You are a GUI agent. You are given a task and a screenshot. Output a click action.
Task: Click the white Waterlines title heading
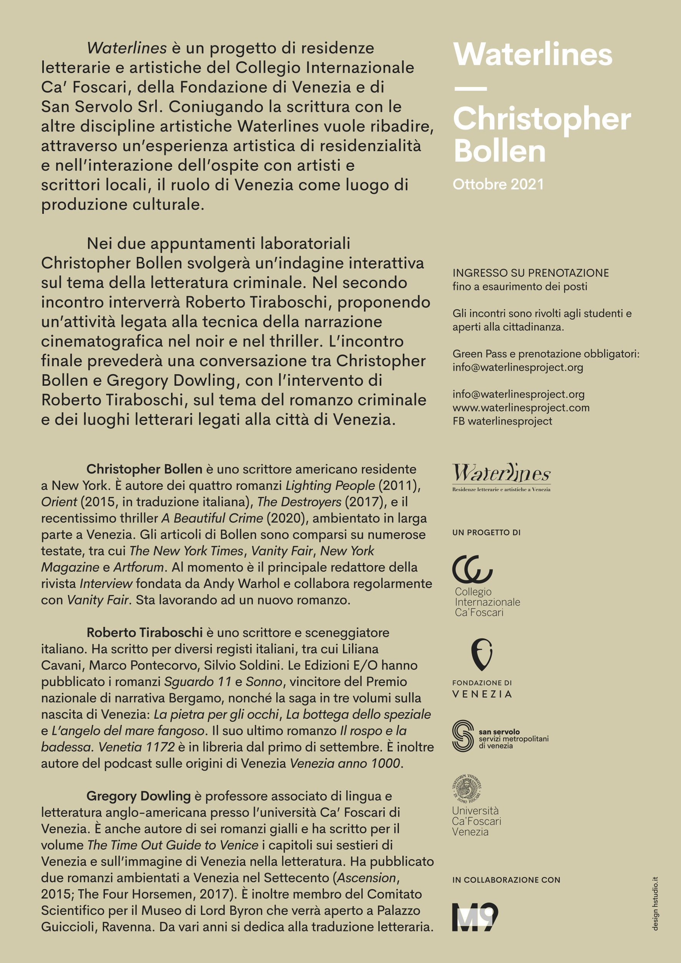pos(533,55)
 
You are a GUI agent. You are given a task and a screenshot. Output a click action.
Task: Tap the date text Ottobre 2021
pos(498,184)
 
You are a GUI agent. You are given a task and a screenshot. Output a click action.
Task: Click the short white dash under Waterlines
pos(470,89)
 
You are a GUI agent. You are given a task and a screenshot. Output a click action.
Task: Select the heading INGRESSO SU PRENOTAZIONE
pos(530,273)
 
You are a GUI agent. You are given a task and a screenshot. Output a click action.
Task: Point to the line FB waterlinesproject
pos(502,421)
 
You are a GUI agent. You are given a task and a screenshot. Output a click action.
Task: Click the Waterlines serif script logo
pos(501,474)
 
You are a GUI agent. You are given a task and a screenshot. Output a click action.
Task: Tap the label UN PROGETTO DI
pos(487,533)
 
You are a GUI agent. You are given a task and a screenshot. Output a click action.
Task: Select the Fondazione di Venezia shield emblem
pos(482,654)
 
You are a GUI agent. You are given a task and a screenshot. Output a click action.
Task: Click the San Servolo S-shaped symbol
pos(463,736)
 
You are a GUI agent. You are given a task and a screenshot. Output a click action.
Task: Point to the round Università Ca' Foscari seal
pos(467,788)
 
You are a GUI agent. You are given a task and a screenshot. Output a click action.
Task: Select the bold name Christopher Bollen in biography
pos(144,469)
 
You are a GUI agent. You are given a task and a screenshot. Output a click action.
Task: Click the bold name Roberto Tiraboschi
pos(145,632)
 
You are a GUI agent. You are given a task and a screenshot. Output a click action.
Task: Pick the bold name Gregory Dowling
pos(138,796)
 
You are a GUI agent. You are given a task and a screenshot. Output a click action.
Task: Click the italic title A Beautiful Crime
pos(212,518)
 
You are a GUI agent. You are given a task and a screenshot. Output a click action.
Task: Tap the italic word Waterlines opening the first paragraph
pos(127,48)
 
